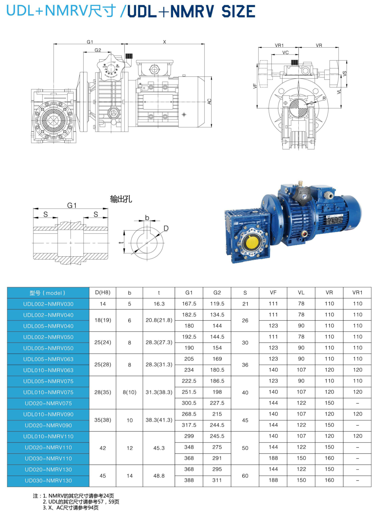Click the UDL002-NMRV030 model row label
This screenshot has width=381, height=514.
point(48,304)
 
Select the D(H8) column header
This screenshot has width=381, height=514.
point(103,293)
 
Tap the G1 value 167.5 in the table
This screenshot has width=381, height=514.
point(189,304)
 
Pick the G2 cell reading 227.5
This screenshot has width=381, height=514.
point(217,403)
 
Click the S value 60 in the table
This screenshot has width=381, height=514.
point(245,476)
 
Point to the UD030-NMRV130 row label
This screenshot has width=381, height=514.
point(48,480)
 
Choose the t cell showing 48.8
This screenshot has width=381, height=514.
point(159,476)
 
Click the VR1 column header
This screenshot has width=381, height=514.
point(357,293)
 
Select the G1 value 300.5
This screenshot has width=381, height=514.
point(189,403)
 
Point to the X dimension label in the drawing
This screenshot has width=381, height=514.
point(165,42)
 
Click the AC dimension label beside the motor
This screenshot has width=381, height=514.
point(209,101)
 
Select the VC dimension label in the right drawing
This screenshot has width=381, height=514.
point(286,52)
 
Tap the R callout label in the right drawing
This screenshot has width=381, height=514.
point(324,99)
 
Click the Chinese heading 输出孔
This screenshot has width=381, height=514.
point(121,199)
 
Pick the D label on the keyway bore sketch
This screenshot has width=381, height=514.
point(166,229)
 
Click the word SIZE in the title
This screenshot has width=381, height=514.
point(238,12)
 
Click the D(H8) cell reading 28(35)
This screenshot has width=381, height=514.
point(103,392)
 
